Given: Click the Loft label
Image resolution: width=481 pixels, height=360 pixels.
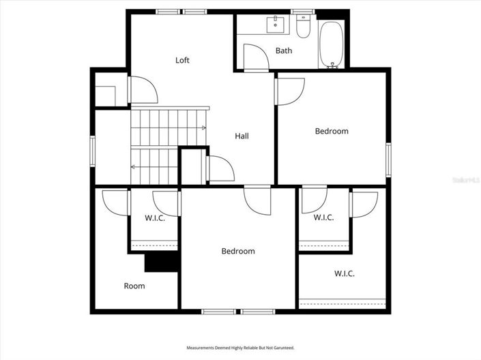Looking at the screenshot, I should [x=182, y=60].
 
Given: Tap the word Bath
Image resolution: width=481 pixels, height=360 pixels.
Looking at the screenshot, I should [x=284, y=50].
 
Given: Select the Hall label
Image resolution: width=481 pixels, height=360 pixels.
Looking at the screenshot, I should [x=242, y=136].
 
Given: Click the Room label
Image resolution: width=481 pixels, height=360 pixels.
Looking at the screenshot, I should [x=134, y=286].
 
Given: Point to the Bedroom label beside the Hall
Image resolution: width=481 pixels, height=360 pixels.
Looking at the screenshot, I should [x=332, y=131].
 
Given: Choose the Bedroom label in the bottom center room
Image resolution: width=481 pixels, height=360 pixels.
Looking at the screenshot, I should [x=238, y=251].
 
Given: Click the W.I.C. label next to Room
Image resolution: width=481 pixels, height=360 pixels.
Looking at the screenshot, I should [x=154, y=218].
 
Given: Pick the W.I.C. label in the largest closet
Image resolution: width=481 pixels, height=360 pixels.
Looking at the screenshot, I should [x=344, y=273].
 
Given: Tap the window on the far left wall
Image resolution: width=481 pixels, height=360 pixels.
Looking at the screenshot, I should [x=93, y=151].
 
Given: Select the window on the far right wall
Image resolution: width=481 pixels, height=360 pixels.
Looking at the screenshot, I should [x=388, y=160].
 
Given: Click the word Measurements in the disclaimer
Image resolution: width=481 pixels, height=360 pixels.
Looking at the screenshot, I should [x=203, y=348].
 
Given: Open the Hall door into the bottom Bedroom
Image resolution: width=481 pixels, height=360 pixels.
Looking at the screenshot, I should [x=258, y=199].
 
